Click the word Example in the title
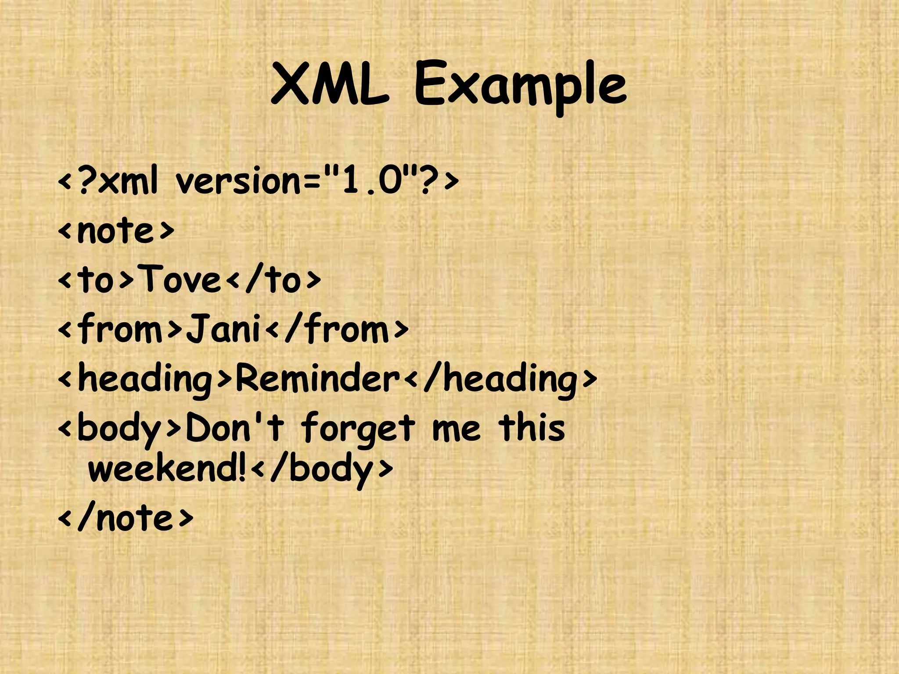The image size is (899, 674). [520, 86]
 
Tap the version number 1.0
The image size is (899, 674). [372, 181]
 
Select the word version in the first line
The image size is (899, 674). [239, 181]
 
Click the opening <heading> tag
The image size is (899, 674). [145, 380]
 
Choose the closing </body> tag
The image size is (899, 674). [323, 470]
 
